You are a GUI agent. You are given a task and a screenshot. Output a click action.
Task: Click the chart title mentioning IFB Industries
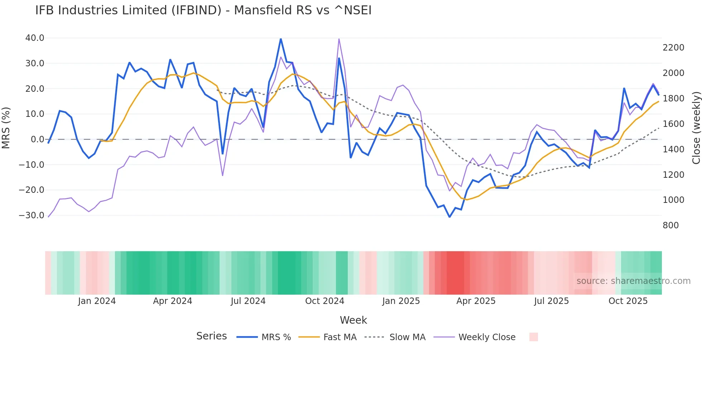[x=203, y=10]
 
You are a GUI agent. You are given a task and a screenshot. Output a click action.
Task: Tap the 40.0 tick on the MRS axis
[x=35, y=38]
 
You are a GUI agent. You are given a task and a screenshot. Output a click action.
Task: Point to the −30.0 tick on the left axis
[x=32, y=215]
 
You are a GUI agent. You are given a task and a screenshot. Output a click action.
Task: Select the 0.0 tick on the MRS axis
[x=37, y=139]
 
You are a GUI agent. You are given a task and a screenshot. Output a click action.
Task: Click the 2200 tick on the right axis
[x=673, y=48]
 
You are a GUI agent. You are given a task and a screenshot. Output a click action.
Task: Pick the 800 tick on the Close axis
[x=670, y=225]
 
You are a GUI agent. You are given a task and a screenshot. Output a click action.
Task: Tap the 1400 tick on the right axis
[x=673, y=149]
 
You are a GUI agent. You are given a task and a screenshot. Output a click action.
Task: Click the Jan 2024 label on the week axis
[x=97, y=301]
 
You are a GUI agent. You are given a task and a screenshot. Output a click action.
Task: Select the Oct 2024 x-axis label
[x=324, y=301]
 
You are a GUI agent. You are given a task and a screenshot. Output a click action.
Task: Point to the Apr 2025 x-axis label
[x=476, y=301]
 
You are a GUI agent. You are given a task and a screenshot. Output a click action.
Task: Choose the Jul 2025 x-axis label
[x=551, y=301]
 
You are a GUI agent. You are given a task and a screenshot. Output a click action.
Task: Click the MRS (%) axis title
[x=6, y=128]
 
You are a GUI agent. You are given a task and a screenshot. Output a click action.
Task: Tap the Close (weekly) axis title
[x=696, y=128]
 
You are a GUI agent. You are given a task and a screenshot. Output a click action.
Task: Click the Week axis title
[x=353, y=320]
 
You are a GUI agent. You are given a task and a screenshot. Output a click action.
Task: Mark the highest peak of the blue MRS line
[x=281, y=39]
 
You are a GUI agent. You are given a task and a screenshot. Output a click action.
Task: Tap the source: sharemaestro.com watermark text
[x=633, y=281]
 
